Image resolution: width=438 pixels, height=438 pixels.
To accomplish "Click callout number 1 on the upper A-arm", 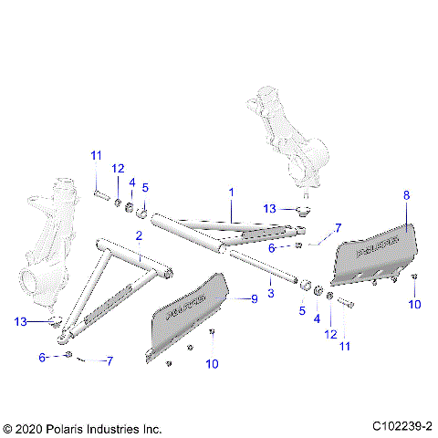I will (x=232, y=193).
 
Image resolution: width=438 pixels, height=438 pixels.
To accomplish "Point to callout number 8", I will (x=407, y=194).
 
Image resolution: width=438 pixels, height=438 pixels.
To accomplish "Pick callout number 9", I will (x=255, y=298).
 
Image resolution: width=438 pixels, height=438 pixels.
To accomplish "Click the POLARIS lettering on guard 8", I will (x=375, y=247).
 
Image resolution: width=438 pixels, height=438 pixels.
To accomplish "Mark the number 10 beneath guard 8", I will (x=415, y=304).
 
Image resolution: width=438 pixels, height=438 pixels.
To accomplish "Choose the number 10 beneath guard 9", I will (x=214, y=364).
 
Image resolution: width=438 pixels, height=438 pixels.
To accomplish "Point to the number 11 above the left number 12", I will (x=96, y=156).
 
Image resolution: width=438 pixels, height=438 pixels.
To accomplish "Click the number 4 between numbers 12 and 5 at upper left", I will (x=131, y=182).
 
